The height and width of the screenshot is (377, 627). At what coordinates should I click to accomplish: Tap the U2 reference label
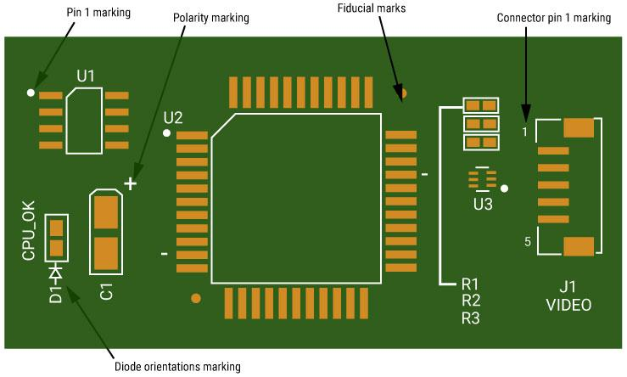coord(173,116)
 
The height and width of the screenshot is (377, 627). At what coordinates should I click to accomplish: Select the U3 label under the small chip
coord(483,204)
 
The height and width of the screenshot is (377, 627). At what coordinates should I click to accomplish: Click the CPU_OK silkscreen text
coord(29,230)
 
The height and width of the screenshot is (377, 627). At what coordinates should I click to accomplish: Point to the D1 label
coord(55,294)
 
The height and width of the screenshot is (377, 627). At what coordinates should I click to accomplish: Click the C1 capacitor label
coord(107,291)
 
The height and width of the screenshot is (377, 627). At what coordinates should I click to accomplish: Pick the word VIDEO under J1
coord(568,305)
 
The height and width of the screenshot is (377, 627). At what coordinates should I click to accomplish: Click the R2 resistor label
coord(471,301)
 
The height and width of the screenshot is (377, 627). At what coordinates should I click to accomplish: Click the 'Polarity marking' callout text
coord(211,17)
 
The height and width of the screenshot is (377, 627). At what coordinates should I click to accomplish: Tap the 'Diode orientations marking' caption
coord(177,367)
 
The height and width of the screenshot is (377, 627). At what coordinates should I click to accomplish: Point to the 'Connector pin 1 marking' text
coord(553,17)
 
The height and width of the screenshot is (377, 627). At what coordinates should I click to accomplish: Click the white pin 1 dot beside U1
coord(31,92)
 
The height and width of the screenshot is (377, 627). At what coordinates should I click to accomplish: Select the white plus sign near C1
coord(130,183)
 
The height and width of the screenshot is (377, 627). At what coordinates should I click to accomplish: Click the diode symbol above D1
coord(56,273)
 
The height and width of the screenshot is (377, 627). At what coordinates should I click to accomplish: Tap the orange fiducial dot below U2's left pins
coord(196,298)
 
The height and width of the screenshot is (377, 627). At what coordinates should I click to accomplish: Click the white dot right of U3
coord(504,188)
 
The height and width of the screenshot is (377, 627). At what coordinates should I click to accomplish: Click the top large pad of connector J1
coord(579,128)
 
